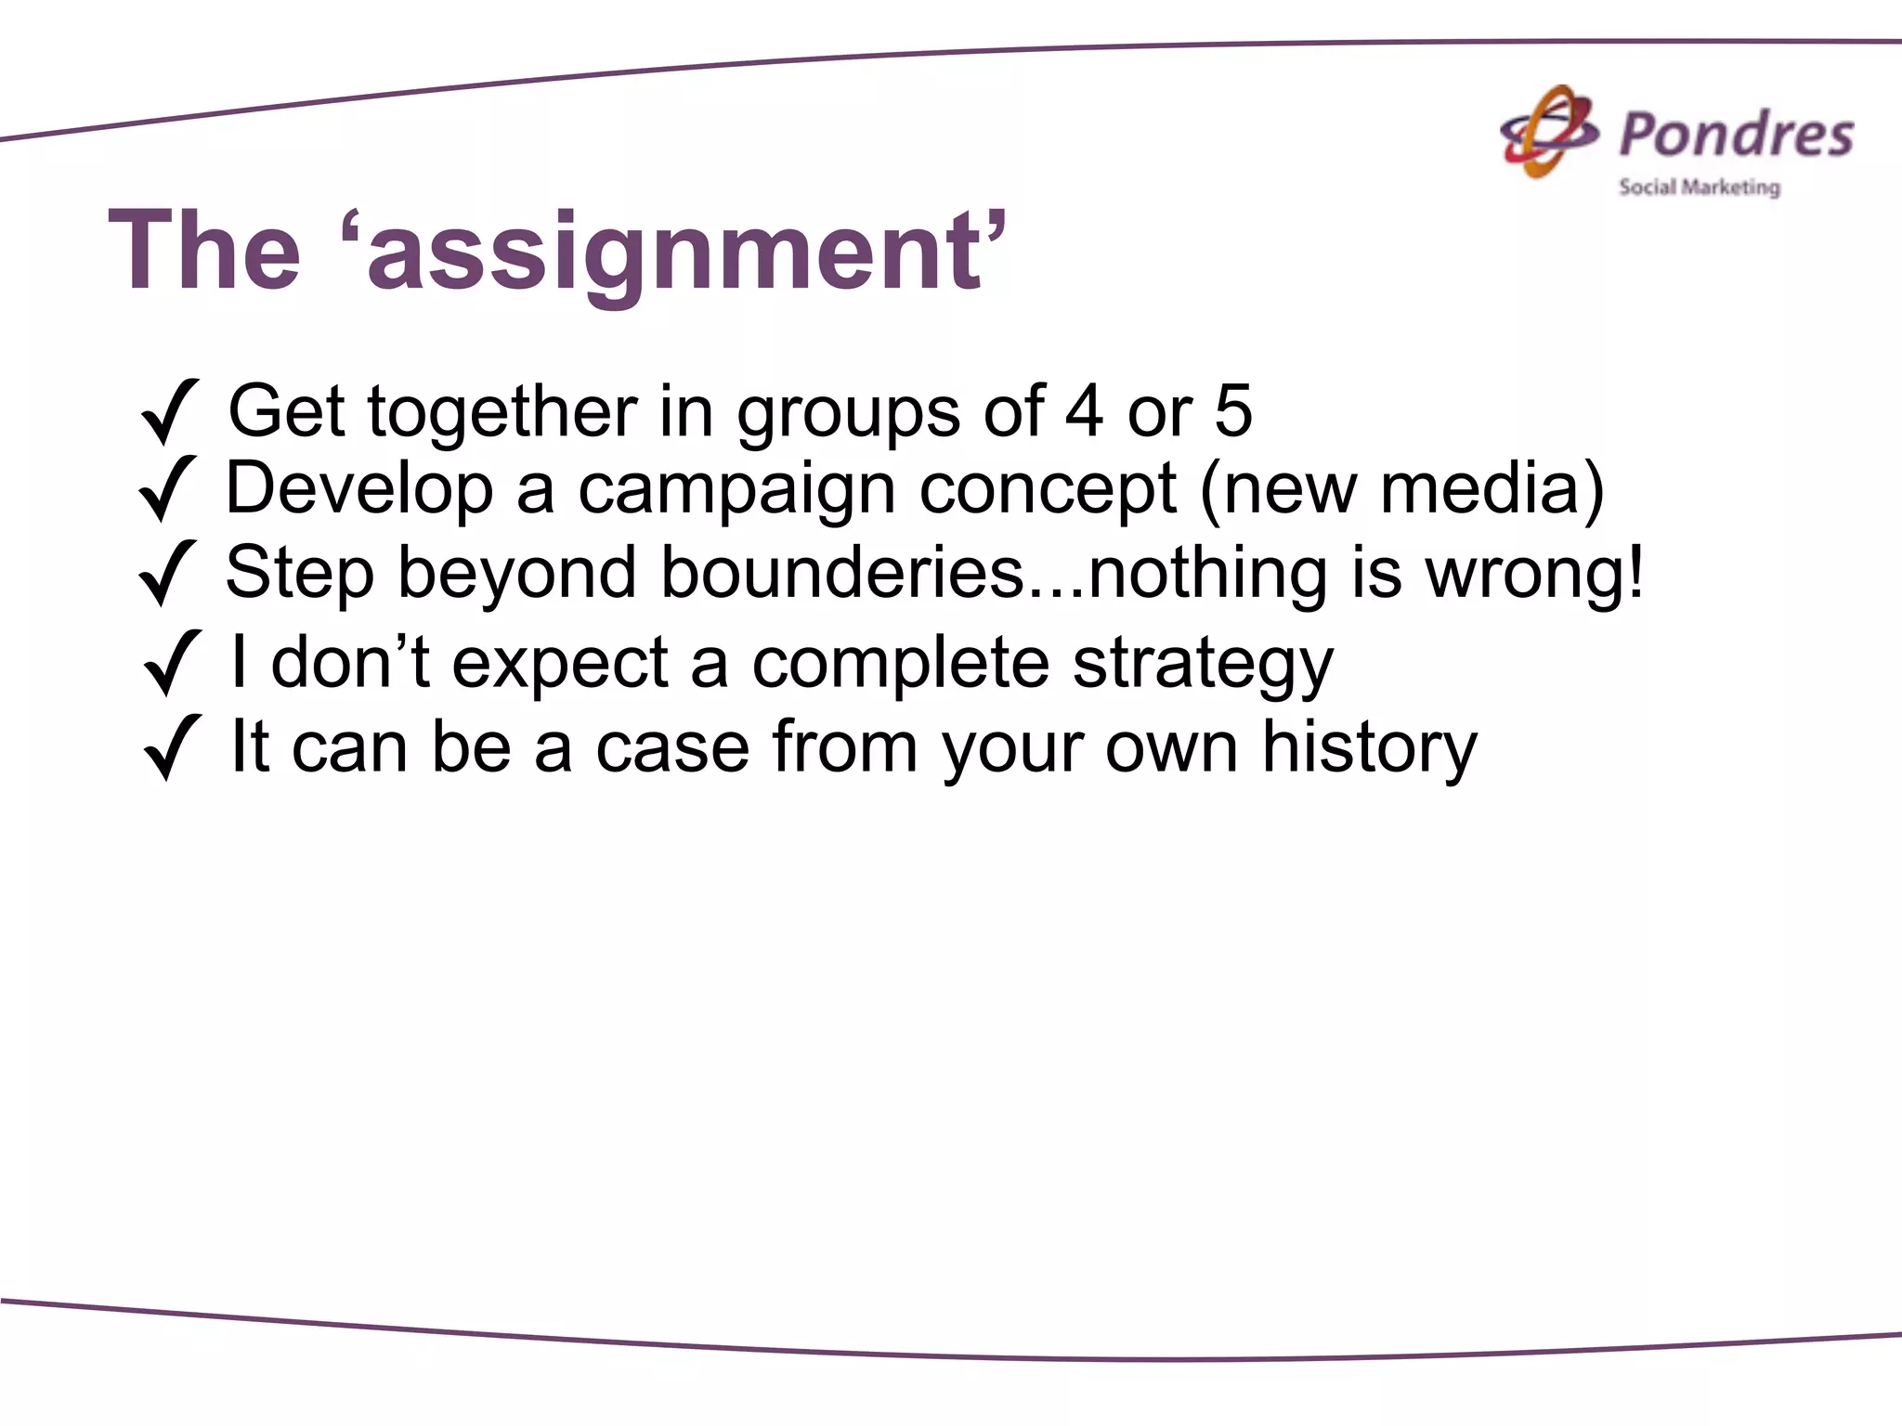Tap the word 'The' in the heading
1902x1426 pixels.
[x=204, y=251]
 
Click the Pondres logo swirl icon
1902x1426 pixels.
[x=1549, y=133]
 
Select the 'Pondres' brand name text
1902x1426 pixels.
[x=1736, y=135]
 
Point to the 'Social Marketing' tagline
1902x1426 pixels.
[x=1699, y=188]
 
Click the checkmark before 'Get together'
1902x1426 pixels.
[x=169, y=411]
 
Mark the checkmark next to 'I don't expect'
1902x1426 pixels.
[x=172, y=662]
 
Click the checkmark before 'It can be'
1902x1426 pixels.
[x=172, y=746]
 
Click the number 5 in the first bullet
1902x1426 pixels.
[x=1232, y=411]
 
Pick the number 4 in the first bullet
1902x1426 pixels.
[x=1084, y=411]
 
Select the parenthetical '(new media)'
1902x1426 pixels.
[x=1401, y=489]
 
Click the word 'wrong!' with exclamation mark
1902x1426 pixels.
[x=1534, y=576]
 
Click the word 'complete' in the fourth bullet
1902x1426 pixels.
[x=900, y=665]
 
